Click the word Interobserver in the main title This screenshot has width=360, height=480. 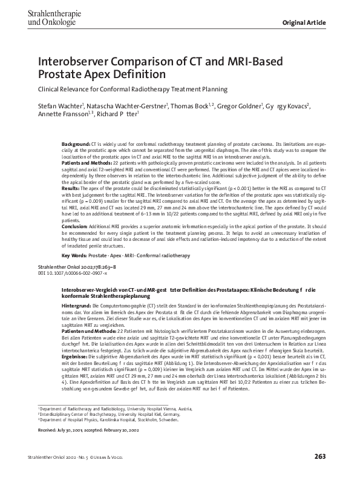tap(74, 61)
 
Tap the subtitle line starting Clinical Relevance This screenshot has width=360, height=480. tap(133, 90)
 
